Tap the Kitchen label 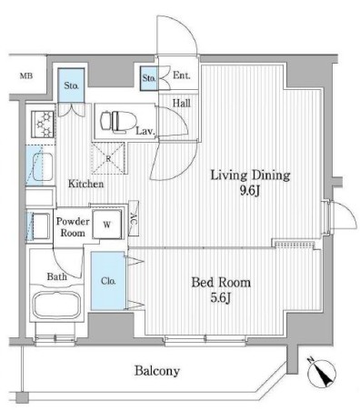pos(86,185)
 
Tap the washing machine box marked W pos(107,224)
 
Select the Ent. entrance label pos(182,76)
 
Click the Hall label pos(181,105)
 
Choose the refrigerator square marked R pos(109,157)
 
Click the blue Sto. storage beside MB pos(72,86)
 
